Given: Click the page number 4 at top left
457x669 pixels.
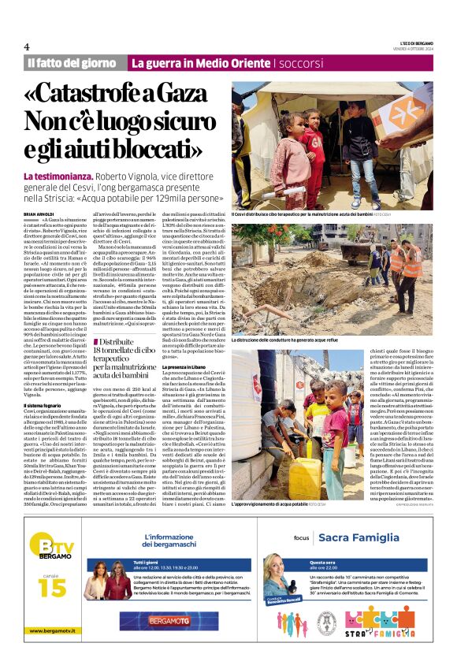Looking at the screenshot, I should pos(27,46).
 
